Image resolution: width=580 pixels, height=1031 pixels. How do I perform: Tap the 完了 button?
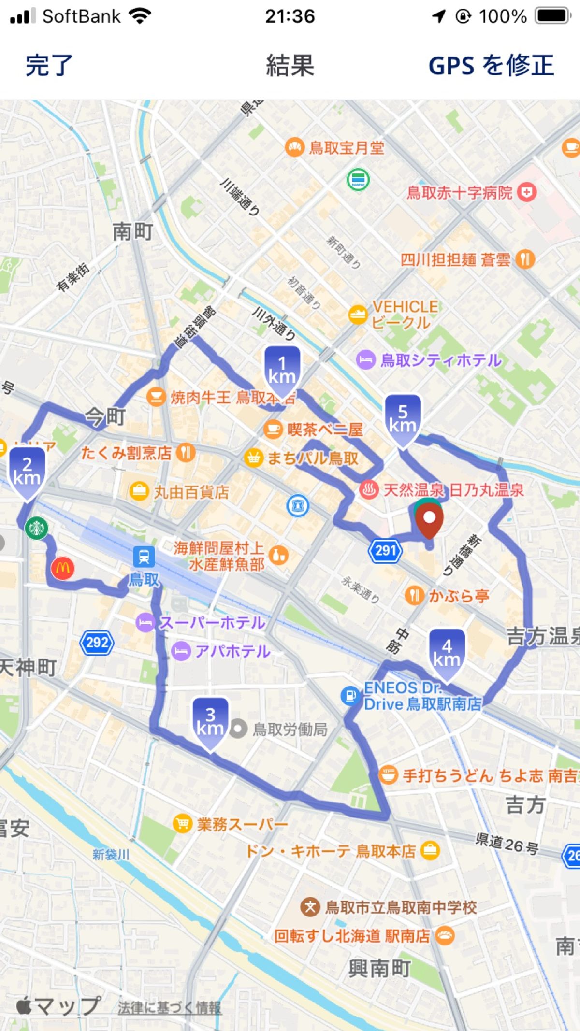49,65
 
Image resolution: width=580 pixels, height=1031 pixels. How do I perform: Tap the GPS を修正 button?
491,65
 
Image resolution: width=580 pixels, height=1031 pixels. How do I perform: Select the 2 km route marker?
27,472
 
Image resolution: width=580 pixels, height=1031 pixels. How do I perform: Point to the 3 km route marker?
210,722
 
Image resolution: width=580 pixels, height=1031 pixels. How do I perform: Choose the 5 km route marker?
403,419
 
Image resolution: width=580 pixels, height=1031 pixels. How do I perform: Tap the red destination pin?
429,519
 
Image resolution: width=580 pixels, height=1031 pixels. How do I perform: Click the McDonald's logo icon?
63,568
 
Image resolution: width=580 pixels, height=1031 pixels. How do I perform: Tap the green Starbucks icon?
37,528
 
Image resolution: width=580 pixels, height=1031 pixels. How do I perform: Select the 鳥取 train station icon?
144,557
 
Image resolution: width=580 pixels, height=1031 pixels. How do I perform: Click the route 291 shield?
385,550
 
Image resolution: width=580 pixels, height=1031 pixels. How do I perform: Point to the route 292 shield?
97,643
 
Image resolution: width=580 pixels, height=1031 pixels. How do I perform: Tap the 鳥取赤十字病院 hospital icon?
526,192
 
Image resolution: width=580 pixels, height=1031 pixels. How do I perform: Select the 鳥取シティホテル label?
441,360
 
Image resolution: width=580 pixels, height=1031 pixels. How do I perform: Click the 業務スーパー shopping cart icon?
182,823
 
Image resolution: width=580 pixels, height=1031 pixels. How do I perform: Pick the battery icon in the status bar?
553,16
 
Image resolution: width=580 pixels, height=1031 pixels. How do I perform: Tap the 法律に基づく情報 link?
169,1007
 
